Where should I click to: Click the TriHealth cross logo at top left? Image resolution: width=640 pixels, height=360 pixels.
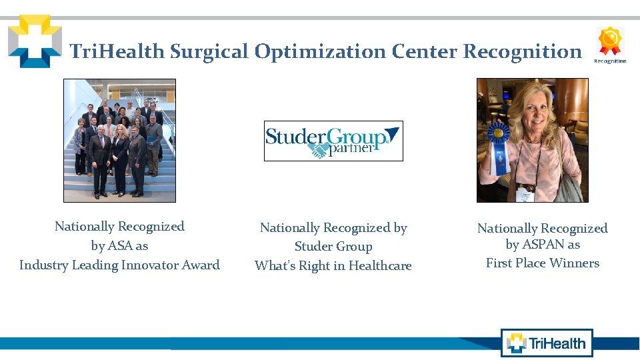coord(35,41)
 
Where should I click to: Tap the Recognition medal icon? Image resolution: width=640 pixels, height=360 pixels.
coord(609,41)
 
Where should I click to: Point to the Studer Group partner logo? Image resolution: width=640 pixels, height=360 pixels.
coord(333,141)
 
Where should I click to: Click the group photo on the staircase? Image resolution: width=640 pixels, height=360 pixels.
coord(119,140)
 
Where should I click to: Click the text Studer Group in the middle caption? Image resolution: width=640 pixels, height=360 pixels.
coord(333,247)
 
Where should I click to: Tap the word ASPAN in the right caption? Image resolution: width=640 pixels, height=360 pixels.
coord(543,245)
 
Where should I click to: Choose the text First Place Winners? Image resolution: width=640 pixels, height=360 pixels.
coord(543,263)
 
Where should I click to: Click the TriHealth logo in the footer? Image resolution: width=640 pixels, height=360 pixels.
coord(547,343)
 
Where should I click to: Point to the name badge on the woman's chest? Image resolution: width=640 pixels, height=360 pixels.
coord(525,193)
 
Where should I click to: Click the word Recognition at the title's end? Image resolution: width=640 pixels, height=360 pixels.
coord(522,51)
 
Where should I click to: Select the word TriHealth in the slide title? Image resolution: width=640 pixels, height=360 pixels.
coord(116,51)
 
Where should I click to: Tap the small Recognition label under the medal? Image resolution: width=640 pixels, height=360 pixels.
coord(610,61)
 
